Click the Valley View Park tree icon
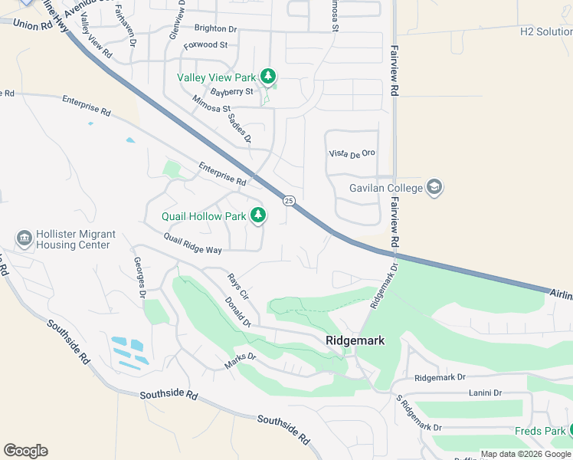coord(267,76)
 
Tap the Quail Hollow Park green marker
coord(258,215)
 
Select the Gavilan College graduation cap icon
coord(434,188)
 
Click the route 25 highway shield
coord(288,201)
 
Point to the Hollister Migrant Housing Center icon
coord(24,239)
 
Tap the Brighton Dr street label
coord(215,28)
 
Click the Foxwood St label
coord(205,45)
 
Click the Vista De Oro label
coord(352,153)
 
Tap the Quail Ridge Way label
coord(192,244)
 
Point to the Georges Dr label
coord(140,278)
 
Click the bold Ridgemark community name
coord(355,340)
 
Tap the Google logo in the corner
coord(25,450)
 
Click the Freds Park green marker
coord(570,431)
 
